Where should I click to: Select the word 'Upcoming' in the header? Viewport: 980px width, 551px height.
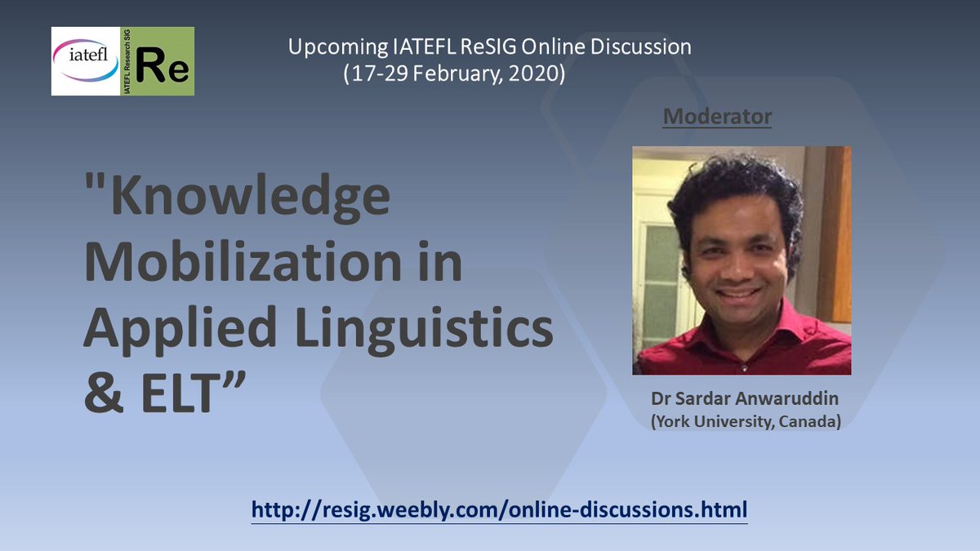pyautogui.click(x=327, y=47)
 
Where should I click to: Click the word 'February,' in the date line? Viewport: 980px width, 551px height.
pyautogui.click(x=461, y=73)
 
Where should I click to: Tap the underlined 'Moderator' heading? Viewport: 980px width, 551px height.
pyautogui.click(x=717, y=117)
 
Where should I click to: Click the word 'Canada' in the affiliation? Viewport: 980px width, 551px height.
pyautogui.click(x=809, y=423)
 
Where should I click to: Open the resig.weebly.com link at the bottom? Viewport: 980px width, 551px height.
pyautogui.click(x=499, y=511)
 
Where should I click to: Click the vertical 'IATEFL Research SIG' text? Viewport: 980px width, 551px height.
pyautogui.click(x=126, y=61)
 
